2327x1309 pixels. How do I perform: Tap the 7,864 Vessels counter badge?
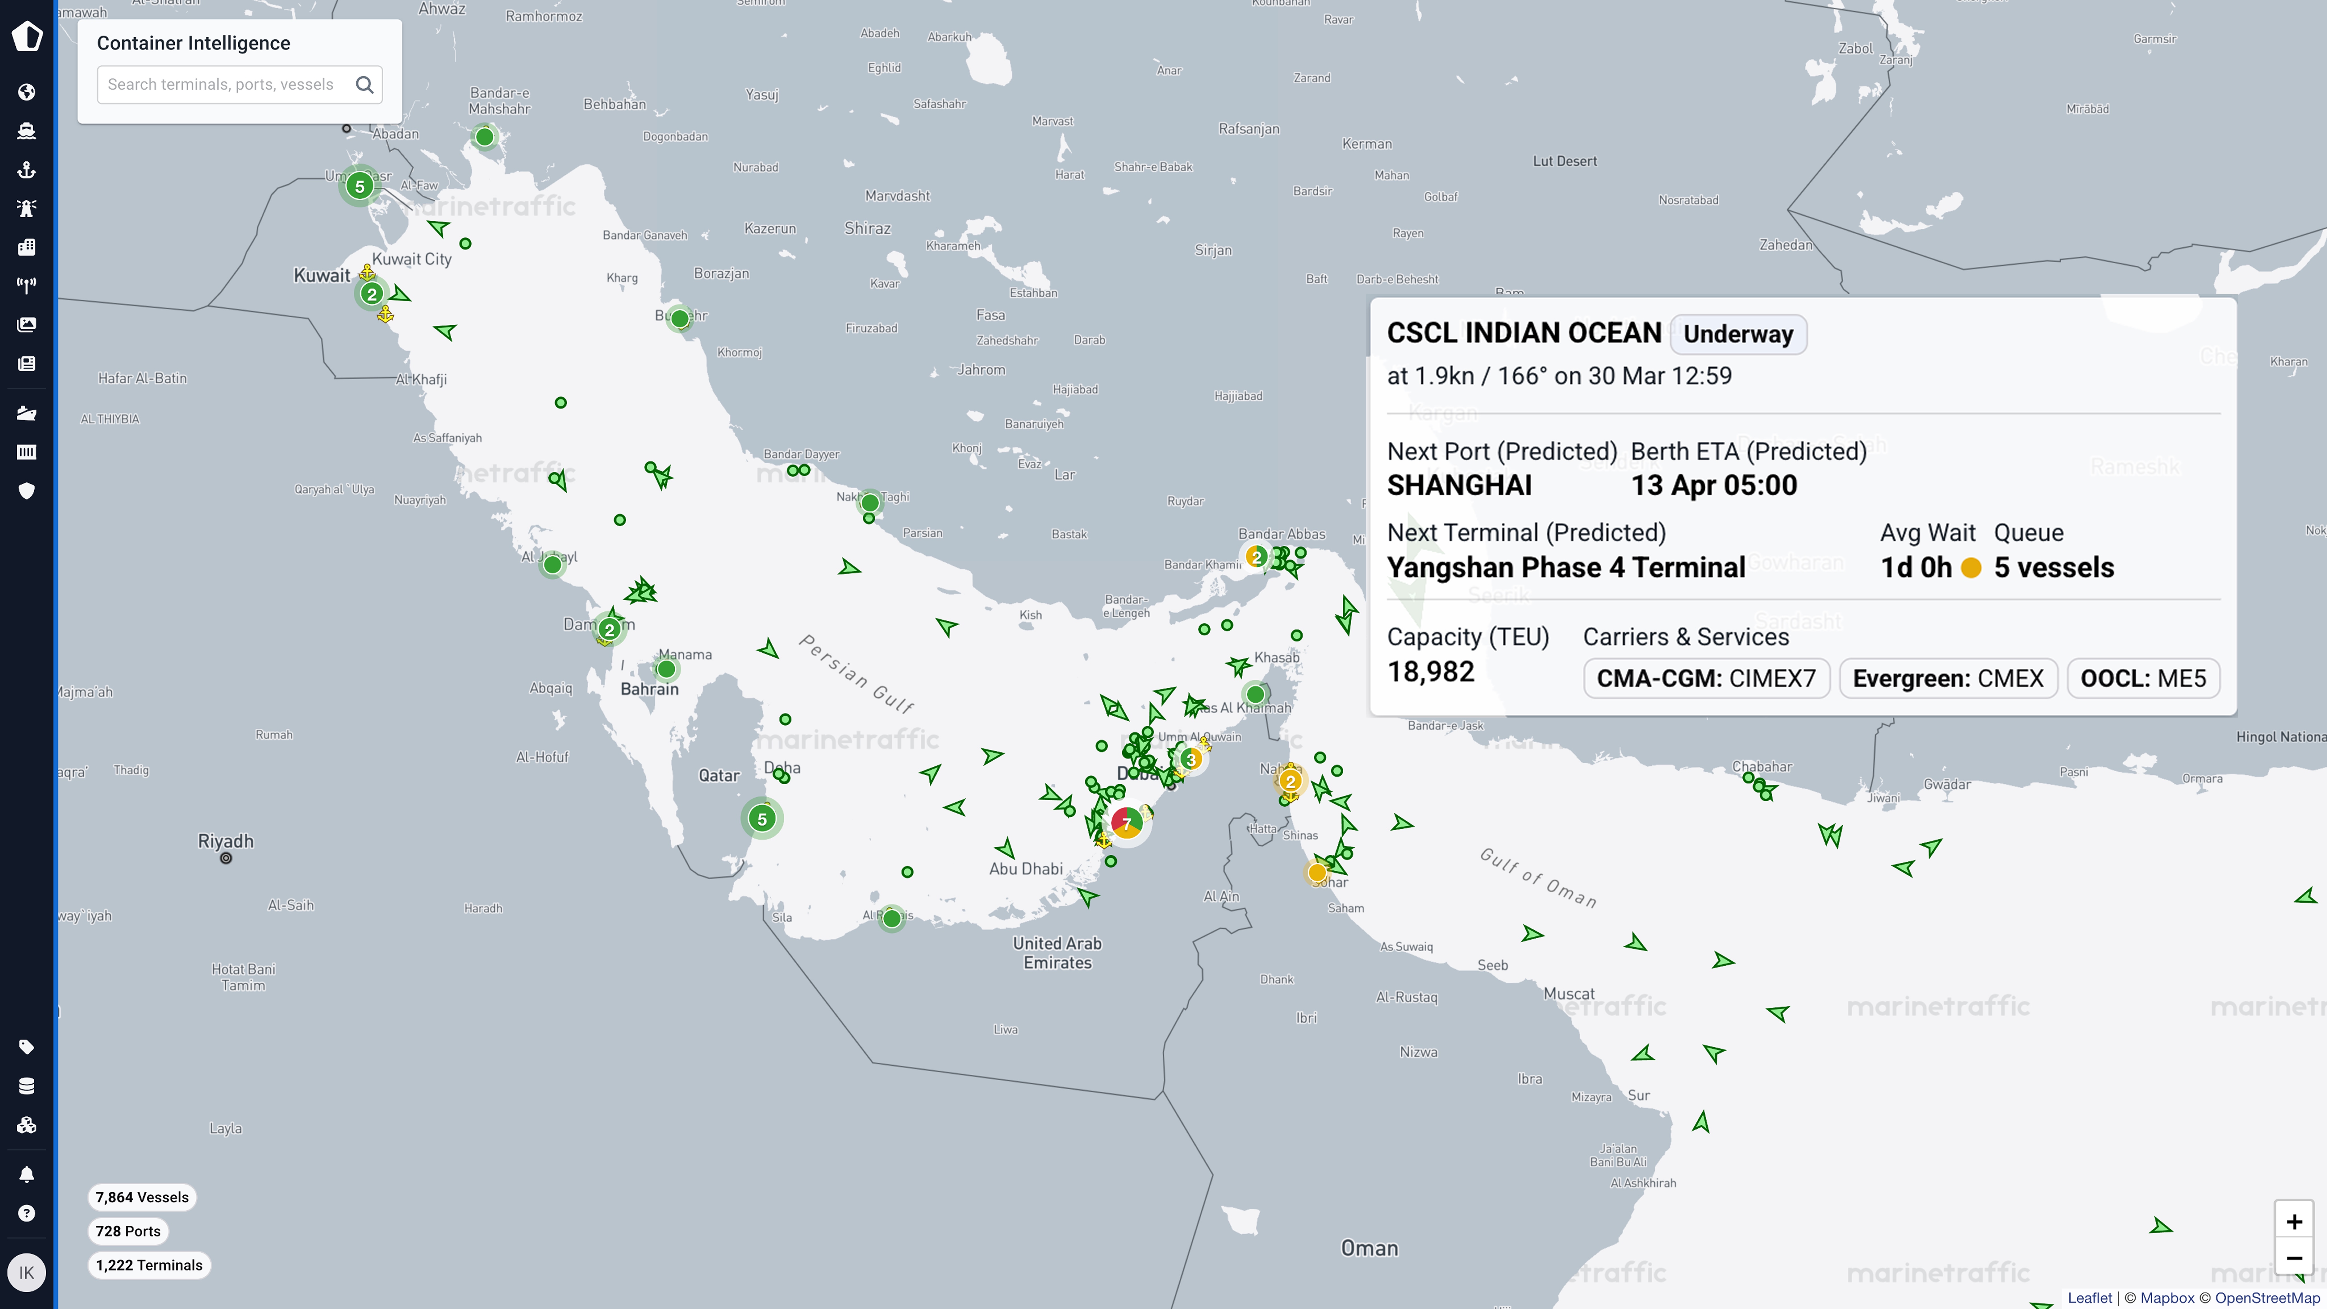coord(142,1197)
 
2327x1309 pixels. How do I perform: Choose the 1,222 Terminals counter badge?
coord(149,1265)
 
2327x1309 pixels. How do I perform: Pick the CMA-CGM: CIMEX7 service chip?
coord(1705,678)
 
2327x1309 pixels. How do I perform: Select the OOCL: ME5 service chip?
coord(2143,678)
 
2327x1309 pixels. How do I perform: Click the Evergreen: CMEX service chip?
coord(1947,678)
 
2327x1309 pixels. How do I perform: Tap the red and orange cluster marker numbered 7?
coord(1127,822)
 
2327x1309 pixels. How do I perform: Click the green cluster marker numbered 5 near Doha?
coord(762,818)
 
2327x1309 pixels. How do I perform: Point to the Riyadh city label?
coord(226,841)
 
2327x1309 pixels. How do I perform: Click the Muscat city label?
coord(1569,994)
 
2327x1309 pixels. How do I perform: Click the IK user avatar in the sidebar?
coord(26,1272)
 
